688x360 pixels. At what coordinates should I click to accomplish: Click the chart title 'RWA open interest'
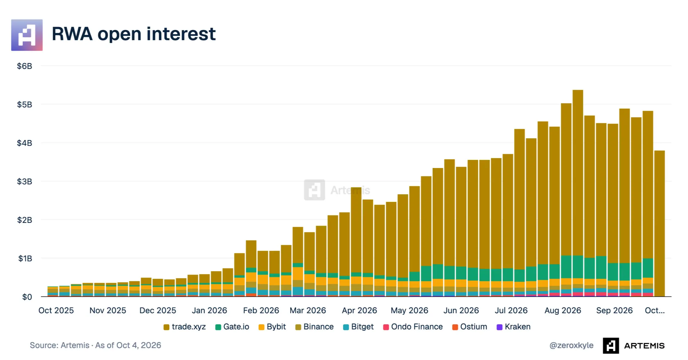click(x=134, y=34)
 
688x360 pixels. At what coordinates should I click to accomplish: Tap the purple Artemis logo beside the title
click(x=27, y=35)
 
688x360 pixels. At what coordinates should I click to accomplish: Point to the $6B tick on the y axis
click(x=25, y=66)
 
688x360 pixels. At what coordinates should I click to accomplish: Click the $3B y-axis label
click(x=25, y=181)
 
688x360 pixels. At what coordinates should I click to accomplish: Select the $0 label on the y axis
click(x=27, y=297)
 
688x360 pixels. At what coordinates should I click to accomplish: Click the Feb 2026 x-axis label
click(x=261, y=310)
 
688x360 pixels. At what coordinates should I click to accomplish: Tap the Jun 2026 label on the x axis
click(x=461, y=310)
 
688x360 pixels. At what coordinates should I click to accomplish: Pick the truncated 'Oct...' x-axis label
click(x=655, y=310)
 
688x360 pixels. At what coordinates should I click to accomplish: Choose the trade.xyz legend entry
click(x=185, y=327)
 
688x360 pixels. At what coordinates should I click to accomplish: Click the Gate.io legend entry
click(x=232, y=327)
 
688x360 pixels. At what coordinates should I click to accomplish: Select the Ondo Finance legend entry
click(x=413, y=327)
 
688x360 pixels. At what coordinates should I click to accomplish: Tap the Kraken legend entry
click(x=514, y=327)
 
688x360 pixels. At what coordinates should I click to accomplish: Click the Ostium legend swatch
click(x=455, y=327)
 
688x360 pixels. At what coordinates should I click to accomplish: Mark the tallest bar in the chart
click(x=578, y=193)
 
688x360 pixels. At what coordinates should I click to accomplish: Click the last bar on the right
click(x=659, y=223)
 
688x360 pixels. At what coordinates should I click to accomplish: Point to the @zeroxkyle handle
click(x=571, y=345)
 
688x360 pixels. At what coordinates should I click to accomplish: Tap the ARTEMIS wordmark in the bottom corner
click(x=644, y=346)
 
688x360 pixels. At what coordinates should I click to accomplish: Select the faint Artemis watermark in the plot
click(x=337, y=190)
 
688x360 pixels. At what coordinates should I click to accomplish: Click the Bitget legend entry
click(x=358, y=327)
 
